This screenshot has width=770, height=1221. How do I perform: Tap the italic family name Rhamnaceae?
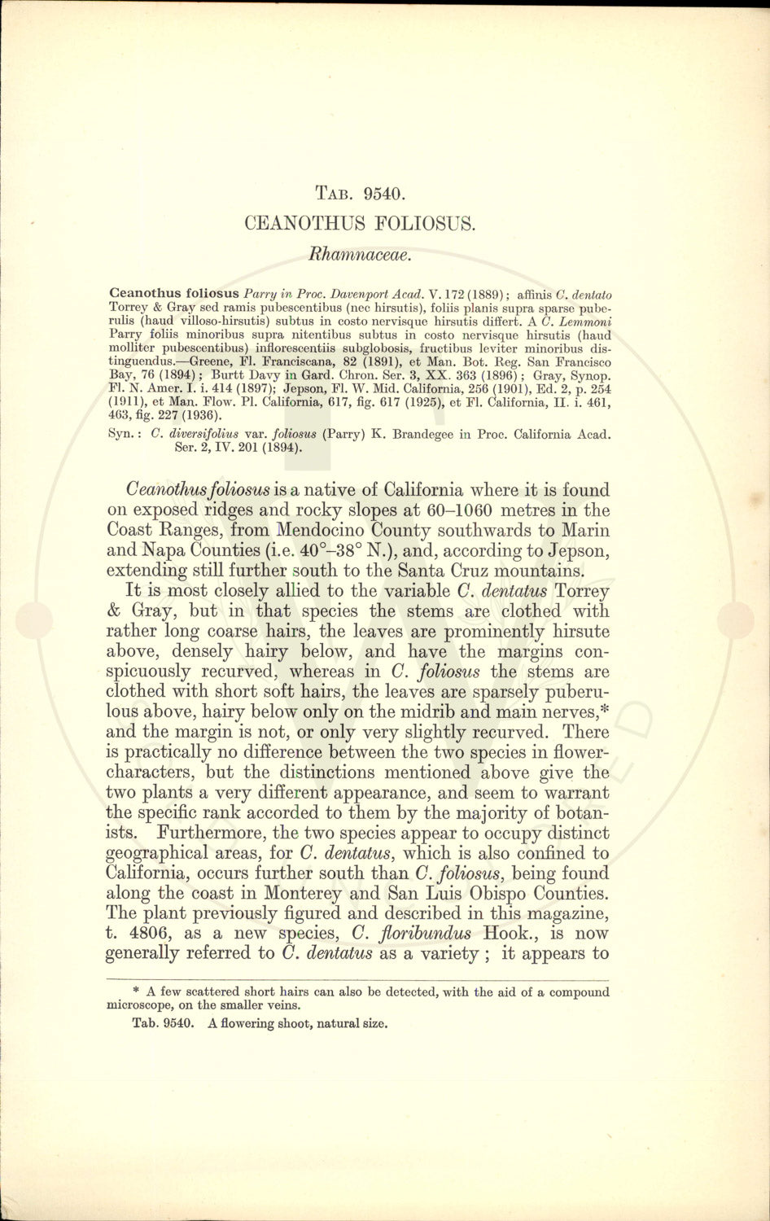(x=360, y=254)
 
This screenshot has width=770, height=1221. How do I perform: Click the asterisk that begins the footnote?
(x=136, y=991)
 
